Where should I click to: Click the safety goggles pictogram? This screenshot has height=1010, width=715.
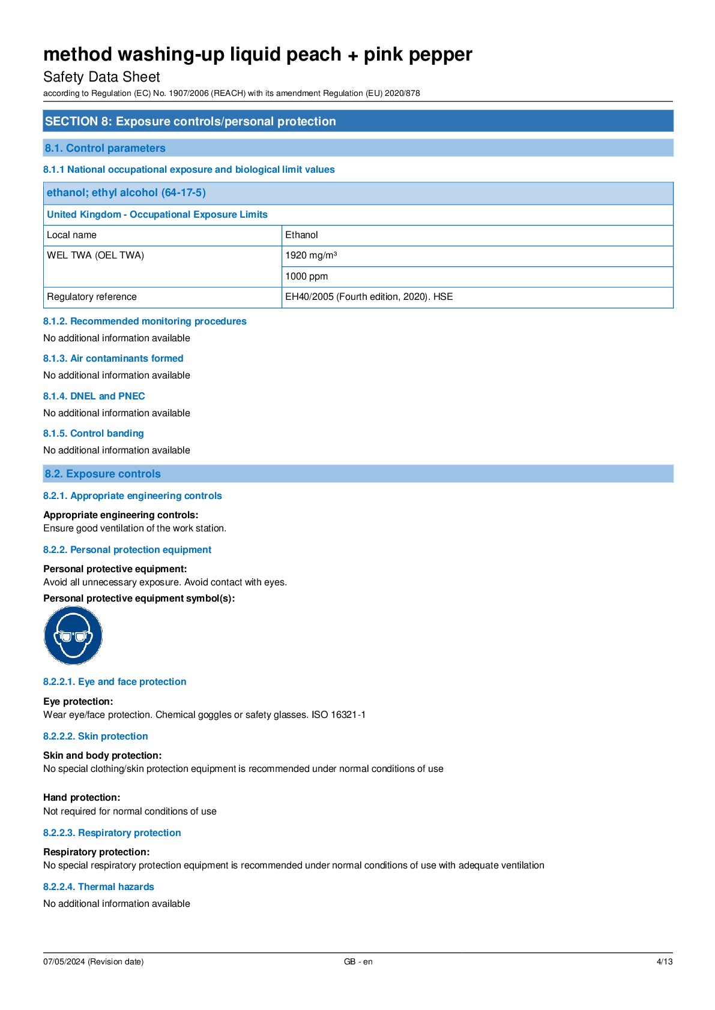73,635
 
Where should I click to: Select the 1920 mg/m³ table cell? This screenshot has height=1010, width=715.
311,255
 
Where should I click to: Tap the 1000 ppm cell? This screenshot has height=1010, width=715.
307,276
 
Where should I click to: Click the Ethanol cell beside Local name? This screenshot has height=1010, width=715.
301,235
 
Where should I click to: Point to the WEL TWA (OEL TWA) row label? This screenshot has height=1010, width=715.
95,255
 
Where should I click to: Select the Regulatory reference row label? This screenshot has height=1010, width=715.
92,297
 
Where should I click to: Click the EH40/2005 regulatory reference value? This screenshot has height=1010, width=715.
369,297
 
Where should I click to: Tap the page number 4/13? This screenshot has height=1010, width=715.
664,961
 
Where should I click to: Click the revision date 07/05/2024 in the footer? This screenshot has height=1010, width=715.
93,961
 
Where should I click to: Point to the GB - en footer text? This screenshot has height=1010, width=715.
358,961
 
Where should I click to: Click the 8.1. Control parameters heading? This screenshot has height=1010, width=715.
105,148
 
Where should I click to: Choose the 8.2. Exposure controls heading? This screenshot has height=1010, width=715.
103,474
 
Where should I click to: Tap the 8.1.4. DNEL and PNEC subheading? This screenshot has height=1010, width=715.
94,396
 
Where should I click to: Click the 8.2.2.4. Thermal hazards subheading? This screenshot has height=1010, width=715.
98,887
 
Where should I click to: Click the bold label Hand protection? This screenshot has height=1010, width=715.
82,798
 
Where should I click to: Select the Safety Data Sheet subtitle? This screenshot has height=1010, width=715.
101,77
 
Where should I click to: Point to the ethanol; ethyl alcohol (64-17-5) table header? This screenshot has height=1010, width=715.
126,193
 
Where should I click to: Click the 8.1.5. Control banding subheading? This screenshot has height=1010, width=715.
93,434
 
